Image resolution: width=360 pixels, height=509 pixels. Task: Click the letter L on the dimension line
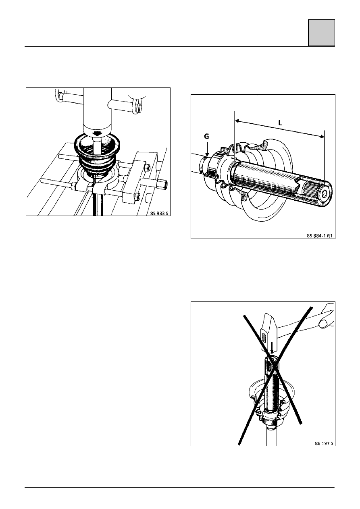click(280, 123)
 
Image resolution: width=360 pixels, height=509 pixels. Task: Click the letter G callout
click(206, 136)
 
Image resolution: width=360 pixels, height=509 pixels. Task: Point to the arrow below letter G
click(207, 149)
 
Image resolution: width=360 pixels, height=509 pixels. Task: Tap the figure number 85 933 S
click(159, 213)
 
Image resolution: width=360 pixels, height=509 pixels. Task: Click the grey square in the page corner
click(321, 33)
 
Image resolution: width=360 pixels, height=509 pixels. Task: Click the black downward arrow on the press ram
click(98, 134)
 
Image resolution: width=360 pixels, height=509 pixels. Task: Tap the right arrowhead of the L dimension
click(322, 136)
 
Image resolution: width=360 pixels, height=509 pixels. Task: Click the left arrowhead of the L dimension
click(237, 121)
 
